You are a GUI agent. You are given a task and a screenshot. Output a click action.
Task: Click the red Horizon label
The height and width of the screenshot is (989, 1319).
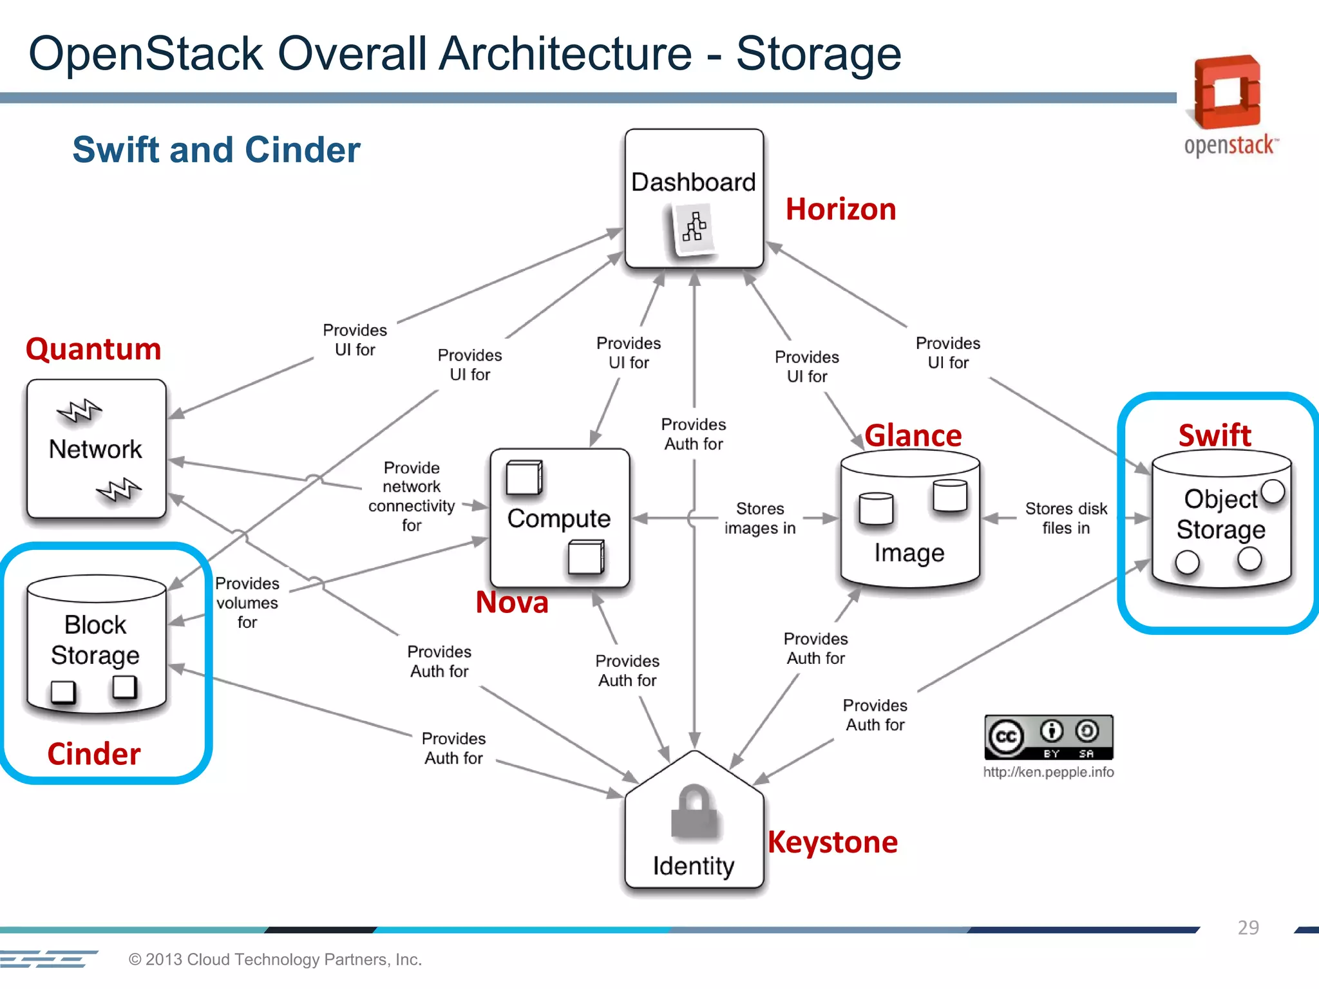[x=840, y=210]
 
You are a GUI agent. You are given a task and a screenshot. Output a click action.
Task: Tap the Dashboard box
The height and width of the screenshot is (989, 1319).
[x=694, y=198]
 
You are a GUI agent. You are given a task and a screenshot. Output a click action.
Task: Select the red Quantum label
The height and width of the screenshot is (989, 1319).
[x=93, y=350]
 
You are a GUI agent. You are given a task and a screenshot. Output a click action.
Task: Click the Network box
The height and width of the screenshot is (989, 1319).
[x=96, y=449]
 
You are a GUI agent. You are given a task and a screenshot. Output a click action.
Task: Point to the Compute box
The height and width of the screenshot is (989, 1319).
[x=559, y=518]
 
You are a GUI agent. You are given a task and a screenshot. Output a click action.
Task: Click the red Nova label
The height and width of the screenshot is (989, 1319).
[x=512, y=603]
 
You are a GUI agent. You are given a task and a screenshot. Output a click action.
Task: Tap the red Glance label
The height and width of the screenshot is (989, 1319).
[x=913, y=436]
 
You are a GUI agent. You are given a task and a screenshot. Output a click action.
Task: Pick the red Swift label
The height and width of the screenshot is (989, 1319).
[x=1215, y=435]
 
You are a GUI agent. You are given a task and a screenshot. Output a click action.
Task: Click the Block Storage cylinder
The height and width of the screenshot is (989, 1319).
[x=96, y=644]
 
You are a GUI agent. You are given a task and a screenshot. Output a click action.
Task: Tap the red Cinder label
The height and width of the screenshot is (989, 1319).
[x=94, y=754]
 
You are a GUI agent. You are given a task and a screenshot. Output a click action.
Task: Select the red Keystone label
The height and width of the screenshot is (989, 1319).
[x=833, y=842]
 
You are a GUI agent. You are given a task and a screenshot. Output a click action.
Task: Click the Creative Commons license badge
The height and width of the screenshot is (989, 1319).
[x=1048, y=737]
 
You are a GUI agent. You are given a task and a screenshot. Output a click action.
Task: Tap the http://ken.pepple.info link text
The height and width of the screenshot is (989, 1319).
[x=1048, y=772]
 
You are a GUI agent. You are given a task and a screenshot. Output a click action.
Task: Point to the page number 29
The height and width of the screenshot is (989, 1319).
[x=1248, y=927]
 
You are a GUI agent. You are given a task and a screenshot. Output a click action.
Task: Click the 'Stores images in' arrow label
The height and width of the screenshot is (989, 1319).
[x=760, y=518]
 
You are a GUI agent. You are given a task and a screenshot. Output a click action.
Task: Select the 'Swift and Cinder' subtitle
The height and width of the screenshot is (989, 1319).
[x=216, y=150]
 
